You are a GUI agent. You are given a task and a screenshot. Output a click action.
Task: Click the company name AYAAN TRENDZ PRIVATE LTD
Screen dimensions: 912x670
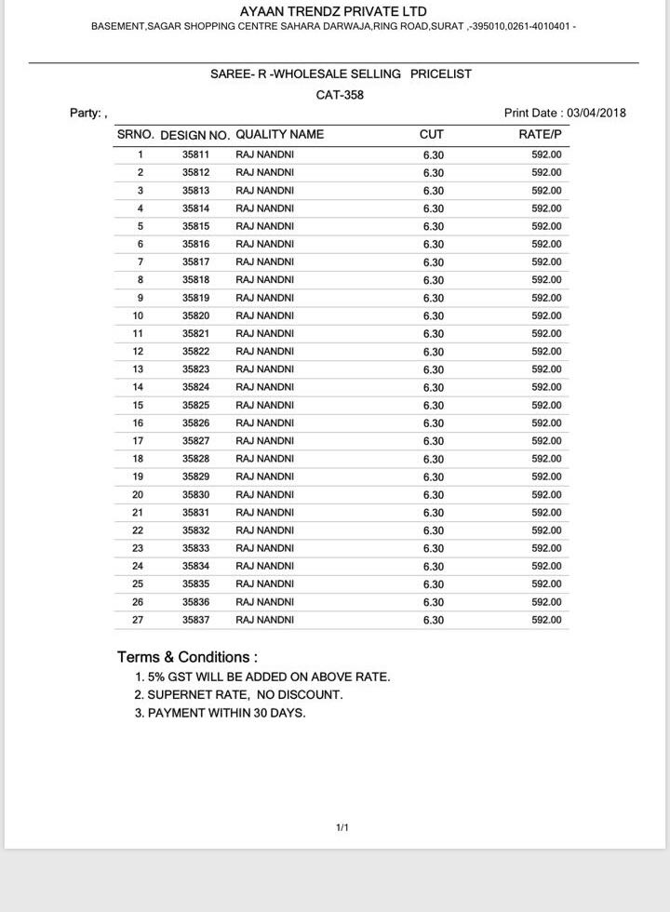[333, 11]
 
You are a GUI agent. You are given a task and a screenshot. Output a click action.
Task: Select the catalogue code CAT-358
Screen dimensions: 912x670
[340, 95]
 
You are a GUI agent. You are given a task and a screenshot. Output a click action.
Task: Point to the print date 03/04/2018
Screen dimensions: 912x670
[596, 113]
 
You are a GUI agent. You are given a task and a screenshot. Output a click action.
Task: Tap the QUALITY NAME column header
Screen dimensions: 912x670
[279, 134]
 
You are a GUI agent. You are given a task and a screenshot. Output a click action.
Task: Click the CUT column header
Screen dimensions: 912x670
[432, 134]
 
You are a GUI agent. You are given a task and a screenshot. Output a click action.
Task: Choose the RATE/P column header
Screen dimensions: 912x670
[541, 134]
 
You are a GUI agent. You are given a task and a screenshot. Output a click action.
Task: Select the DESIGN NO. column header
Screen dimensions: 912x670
[194, 135]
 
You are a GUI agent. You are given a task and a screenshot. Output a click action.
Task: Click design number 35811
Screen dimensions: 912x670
[195, 154]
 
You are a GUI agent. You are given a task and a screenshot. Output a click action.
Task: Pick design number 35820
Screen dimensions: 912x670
[195, 315]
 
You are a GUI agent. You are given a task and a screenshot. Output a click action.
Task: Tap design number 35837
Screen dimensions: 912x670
[195, 620]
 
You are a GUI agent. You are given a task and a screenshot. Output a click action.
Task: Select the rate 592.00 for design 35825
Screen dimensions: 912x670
[546, 405]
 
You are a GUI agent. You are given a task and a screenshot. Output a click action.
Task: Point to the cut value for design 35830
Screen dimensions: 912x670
[433, 495]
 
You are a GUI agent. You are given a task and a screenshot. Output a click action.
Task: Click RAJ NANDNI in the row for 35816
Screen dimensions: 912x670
[264, 244]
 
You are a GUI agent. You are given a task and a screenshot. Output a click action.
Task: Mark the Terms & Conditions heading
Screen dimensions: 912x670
[187, 657]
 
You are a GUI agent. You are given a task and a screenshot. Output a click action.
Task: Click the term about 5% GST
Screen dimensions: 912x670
[262, 677]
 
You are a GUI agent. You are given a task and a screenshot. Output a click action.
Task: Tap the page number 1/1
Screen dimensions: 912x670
[342, 827]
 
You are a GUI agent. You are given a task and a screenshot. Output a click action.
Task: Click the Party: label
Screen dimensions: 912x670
[87, 114]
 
